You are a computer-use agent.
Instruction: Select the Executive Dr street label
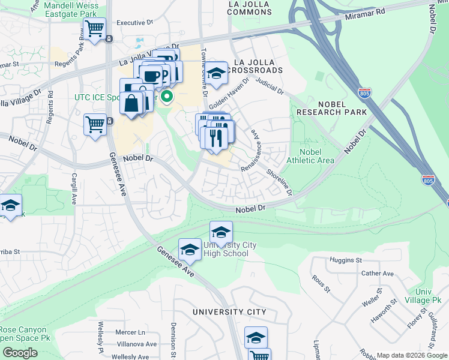[x=135, y=23]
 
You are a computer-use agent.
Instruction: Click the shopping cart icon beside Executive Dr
[x=95, y=28]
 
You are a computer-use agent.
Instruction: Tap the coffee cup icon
[x=150, y=76]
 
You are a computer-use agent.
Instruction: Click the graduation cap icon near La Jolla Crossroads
[x=217, y=73]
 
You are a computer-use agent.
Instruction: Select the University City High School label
[x=225, y=249]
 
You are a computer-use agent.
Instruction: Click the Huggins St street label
[x=345, y=260]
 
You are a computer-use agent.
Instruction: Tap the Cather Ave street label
[x=377, y=274]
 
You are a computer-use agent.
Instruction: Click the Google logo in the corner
[x=20, y=353]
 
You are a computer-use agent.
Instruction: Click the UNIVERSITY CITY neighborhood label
[x=229, y=312]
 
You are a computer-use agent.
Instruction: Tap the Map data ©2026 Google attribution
[x=412, y=355]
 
